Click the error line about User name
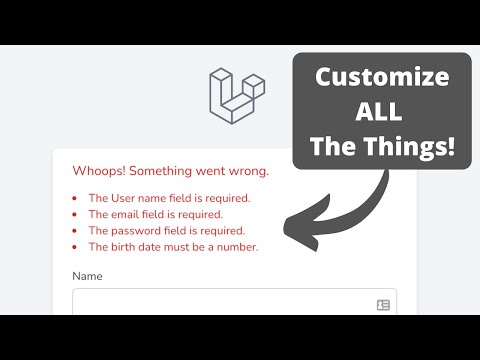[169, 198]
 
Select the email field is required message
[155, 214]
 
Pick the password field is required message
[166, 230]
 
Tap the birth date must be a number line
[173, 246]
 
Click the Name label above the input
[88, 276]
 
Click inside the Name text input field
[220, 303]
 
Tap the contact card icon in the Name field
[383, 304]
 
